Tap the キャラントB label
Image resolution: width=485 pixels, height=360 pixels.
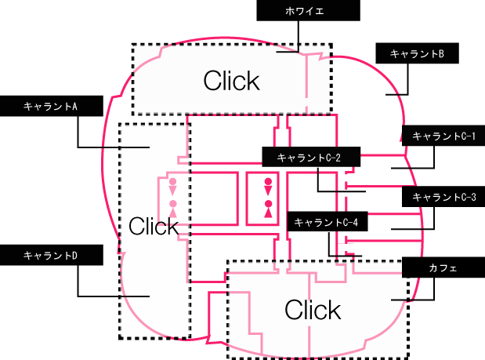(417, 53)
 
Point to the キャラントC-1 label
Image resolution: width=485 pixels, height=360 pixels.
(443, 136)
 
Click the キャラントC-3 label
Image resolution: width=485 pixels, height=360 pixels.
(443, 197)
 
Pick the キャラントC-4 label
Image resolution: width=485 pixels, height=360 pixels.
(328, 221)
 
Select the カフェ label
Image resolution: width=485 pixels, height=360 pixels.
(443, 267)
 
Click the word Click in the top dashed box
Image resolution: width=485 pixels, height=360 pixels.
(232, 81)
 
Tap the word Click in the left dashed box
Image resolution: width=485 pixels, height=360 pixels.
(154, 226)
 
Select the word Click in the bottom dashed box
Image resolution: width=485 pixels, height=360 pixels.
(313, 309)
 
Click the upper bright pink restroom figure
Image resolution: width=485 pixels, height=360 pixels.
(268, 187)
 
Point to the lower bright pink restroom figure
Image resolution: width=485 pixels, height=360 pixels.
(268, 209)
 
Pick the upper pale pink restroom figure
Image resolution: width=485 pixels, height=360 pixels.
(172, 187)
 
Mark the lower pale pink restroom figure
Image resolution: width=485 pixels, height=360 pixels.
(173, 209)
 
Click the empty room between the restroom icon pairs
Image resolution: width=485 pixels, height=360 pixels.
(214, 198)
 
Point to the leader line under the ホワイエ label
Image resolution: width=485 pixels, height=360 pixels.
(299, 36)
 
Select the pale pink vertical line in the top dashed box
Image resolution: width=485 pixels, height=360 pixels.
(306, 84)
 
